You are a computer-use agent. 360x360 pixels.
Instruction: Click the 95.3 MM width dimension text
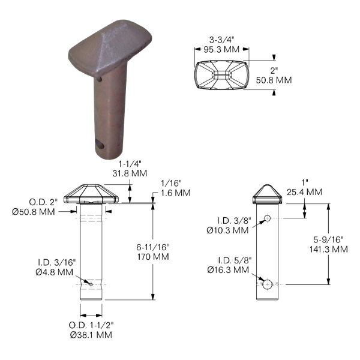[221, 49]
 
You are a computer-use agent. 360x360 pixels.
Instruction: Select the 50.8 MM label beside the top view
[274, 80]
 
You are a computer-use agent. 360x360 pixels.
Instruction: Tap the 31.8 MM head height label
[130, 173]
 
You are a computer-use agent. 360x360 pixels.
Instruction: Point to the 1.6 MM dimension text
[176, 193]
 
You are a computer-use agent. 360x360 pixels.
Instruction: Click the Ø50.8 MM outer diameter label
[34, 212]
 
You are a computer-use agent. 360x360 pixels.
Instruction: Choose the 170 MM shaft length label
[153, 257]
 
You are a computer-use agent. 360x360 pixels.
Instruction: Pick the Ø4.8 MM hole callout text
[55, 272]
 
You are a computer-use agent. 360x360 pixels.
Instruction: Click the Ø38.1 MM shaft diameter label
[91, 335]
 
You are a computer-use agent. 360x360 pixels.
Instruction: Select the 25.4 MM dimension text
[304, 192]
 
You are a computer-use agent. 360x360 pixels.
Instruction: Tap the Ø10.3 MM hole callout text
[227, 230]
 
